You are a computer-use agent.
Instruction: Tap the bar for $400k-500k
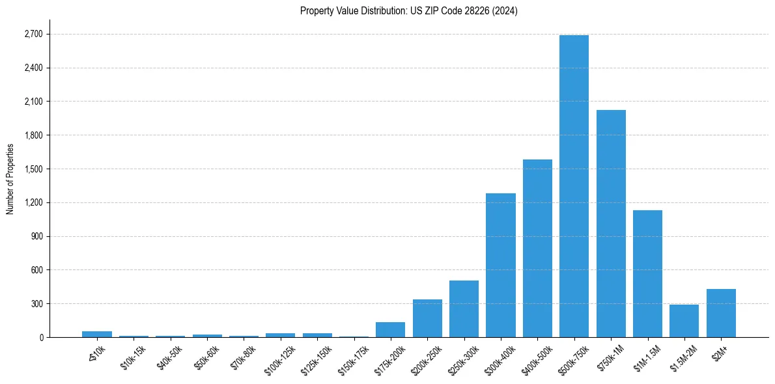click(537, 248)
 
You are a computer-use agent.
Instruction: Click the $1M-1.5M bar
click(647, 273)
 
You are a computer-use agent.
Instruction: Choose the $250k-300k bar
click(464, 309)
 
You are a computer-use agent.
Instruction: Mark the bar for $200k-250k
click(427, 318)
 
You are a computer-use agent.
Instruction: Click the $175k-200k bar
click(390, 329)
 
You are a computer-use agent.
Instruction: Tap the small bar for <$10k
click(96, 334)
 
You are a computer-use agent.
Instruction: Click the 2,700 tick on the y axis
click(33, 34)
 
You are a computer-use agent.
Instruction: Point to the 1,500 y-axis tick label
click(33, 169)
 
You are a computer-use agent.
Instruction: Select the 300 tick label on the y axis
click(36, 303)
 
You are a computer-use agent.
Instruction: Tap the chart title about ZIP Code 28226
click(408, 11)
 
